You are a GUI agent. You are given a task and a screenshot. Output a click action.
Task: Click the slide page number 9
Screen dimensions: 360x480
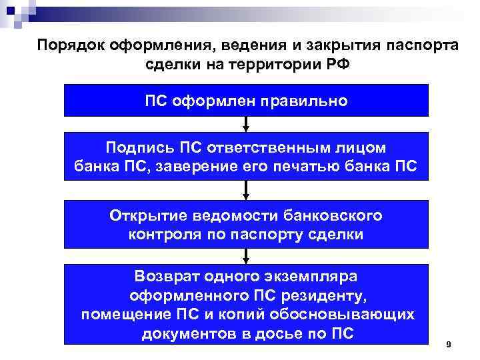point(448,344)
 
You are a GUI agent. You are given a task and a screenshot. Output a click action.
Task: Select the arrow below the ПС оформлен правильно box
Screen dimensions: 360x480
point(247,125)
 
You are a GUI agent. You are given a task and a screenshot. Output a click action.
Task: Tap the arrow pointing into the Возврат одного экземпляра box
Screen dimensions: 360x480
point(247,256)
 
